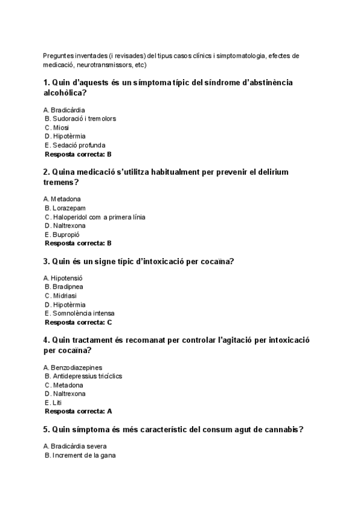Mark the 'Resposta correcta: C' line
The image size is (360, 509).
(79, 322)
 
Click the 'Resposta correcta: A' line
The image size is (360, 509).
(79, 412)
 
